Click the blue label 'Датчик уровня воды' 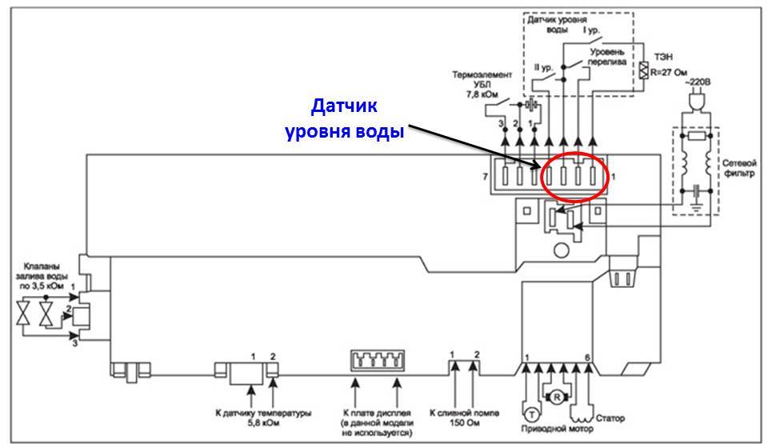(x=343, y=118)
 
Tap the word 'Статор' (x=610, y=418)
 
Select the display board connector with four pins (x=376, y=362)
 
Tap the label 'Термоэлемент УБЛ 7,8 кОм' (x=477, y=84)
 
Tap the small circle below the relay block (x=560, y=250)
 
